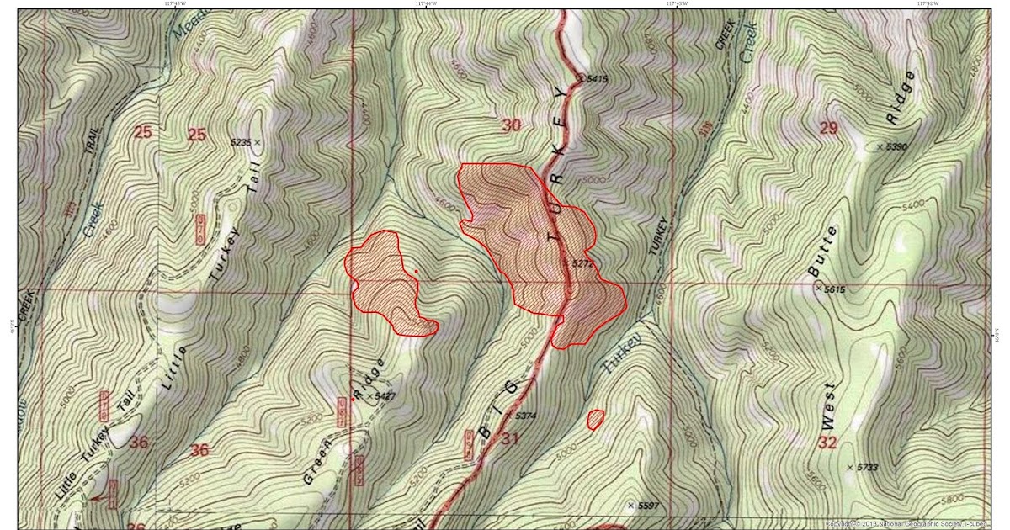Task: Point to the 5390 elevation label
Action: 895,146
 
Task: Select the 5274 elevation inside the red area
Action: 582,263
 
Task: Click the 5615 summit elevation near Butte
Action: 832,289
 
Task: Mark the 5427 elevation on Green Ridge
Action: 384,395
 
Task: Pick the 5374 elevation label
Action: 525,416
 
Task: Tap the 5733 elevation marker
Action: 866,467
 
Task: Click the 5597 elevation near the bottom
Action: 646,506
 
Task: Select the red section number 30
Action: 511,125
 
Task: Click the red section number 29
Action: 828,127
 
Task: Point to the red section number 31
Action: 510,437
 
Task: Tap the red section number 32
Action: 827,443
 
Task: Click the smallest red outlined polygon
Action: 596,418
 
